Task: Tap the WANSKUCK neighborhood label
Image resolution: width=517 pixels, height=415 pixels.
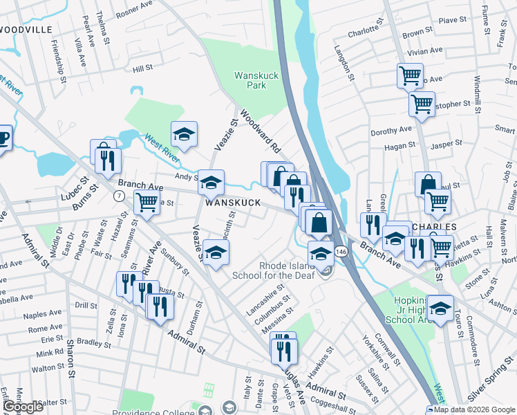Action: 233,203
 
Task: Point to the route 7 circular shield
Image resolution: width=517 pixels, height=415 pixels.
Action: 119,196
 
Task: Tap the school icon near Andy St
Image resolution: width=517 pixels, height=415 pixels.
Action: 211,182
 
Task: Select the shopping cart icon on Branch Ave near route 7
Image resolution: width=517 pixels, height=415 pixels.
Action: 147,203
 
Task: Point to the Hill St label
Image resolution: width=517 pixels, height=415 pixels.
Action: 142,68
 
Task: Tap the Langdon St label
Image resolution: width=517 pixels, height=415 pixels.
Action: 344,63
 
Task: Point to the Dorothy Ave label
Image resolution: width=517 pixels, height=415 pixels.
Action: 391,130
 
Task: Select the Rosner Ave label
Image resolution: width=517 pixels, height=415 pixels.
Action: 133,8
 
